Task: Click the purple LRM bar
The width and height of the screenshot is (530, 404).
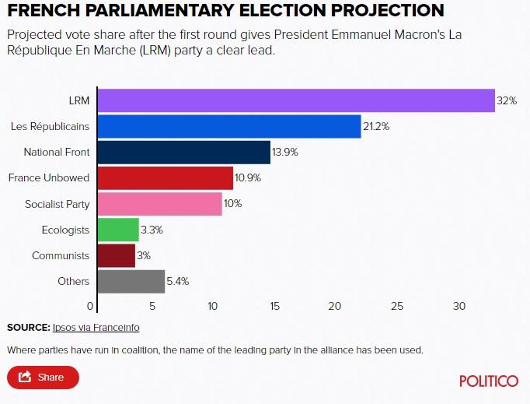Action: point(295,100)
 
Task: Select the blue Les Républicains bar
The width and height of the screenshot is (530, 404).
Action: point(228,126)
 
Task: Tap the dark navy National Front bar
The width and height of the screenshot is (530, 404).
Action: point(183,152)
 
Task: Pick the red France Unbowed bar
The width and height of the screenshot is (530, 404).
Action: point(165,177)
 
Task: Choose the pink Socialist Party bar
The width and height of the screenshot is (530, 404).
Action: point(159,204)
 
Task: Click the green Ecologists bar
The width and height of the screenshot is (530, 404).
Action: point(117,230)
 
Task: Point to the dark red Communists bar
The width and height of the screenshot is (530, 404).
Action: point(116,255)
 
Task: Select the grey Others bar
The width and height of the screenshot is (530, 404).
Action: point(131,281)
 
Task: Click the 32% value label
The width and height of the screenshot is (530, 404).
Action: point(507,100)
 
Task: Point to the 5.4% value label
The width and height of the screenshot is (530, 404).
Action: point(178,281)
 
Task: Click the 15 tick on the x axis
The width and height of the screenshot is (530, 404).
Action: point(275,306)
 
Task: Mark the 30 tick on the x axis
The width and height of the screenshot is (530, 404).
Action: point(459,306)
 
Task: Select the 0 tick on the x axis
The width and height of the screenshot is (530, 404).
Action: point(91,306)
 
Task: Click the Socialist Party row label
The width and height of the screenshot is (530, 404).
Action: point(57,204)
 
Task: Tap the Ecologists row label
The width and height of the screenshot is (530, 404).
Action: point(65,230)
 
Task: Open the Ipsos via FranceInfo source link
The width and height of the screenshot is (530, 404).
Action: point(96,328)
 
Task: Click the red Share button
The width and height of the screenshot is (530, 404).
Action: point(44,378)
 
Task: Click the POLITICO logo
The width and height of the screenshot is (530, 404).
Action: point(489,381)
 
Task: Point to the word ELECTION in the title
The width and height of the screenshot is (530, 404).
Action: point(274,11)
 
